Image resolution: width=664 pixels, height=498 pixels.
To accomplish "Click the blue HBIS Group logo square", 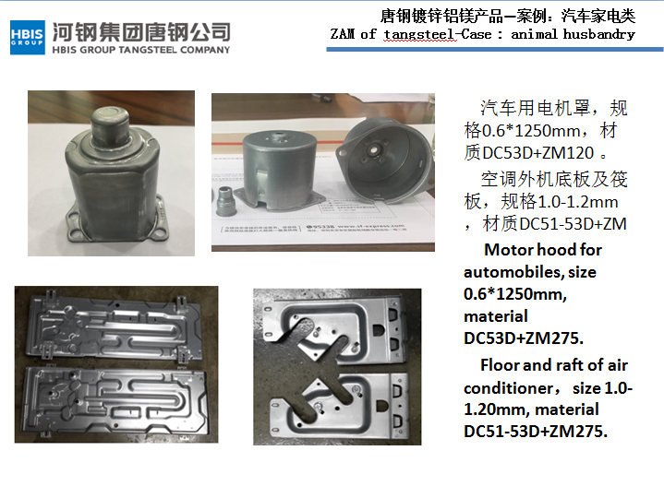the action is pos(28,38).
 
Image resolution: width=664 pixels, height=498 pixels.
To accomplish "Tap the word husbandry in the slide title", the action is pos(598,34).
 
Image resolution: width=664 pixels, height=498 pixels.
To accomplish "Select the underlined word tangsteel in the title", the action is pos(419,35).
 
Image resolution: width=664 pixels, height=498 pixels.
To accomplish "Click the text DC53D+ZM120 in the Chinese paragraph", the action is pos(537,152).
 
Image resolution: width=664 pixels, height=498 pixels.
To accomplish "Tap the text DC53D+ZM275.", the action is pos(524,338).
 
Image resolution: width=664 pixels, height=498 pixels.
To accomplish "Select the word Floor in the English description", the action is pos(501,365).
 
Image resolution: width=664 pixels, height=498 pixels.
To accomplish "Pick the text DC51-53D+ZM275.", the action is pos(536,432).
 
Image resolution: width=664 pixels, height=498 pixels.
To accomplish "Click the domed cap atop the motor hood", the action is pos(110,120).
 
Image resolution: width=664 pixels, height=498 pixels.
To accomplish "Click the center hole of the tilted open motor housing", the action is pos(374,149).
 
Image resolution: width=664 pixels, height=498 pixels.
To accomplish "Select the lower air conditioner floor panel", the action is pos(115,401).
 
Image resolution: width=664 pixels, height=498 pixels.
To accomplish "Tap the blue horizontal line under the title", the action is pos(495,50).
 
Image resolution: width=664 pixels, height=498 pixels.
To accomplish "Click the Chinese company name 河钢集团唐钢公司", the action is pos(141,32).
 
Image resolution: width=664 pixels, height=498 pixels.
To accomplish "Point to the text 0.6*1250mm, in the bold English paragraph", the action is pos(515,294).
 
